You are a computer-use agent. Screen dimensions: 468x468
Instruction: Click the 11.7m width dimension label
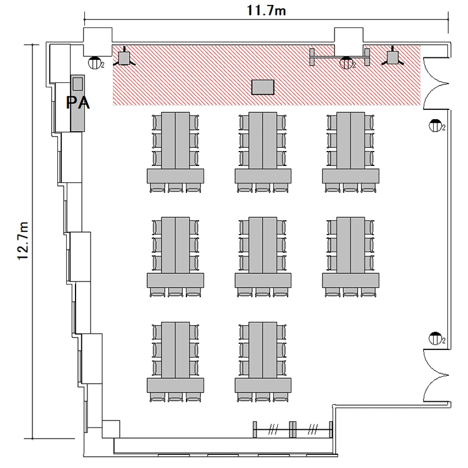(x=266, y=11)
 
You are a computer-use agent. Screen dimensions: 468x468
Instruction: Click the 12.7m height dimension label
(x=23, y=241)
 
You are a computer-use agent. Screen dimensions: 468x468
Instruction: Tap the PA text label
(x=77, y=103)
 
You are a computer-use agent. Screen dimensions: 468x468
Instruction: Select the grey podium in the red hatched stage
(x=263, y=87)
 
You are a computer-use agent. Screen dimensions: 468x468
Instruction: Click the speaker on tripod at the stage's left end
(x=124, y=58)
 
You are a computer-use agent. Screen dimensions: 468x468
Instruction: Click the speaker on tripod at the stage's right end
(x=392, y=57)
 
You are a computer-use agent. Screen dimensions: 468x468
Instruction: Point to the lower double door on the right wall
(x=436, y=375)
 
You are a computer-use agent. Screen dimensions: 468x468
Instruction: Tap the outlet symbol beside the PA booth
(x=95, y=62)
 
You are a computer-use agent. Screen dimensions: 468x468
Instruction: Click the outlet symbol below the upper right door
(x=436, y=125)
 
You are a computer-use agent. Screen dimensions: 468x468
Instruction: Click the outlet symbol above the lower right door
(x=436, y=338)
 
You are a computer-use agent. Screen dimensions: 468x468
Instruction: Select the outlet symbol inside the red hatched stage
(x=346, y=63)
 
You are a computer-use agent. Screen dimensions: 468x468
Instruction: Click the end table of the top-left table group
(x=175, y=176)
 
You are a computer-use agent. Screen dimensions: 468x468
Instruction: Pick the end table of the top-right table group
(x=351, y=176)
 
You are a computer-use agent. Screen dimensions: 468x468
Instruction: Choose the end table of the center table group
(x=263, y=281)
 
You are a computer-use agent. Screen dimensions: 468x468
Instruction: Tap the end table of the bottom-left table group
(x=175, y=386)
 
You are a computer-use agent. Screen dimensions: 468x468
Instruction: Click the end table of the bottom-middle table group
(x=263, y=386)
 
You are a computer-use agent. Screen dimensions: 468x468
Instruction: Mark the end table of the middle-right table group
(x=351, y=281)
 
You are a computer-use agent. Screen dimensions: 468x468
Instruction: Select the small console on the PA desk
(x=78, y=83)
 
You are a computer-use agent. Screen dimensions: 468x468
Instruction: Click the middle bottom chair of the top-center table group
(x=263, y=188)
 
